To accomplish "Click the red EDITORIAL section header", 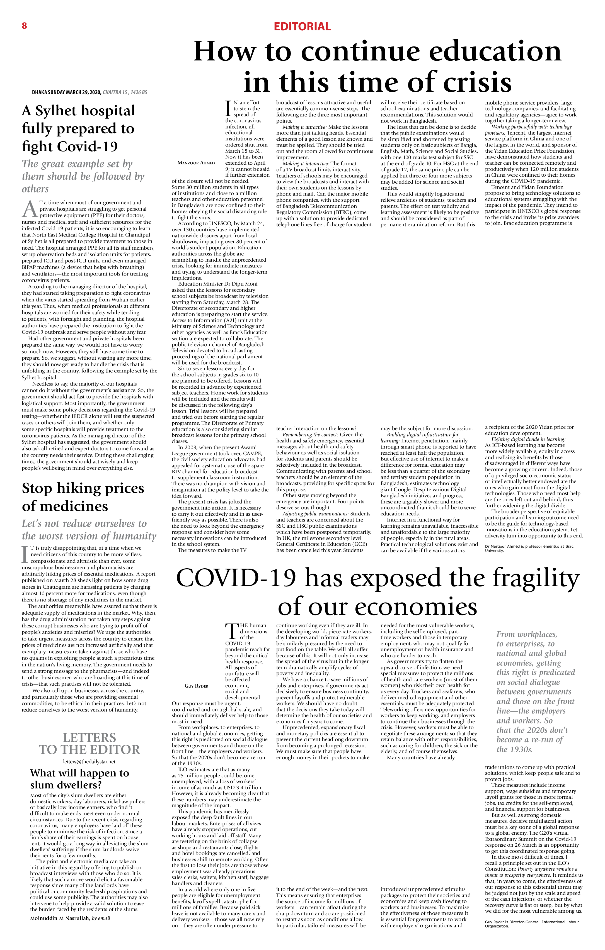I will (302, 27).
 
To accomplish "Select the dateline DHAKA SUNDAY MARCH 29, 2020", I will (67, 92).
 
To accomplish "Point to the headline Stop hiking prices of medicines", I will (83, 497).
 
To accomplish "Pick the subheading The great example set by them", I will (83, 176).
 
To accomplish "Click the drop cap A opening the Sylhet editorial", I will (29, 209).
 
